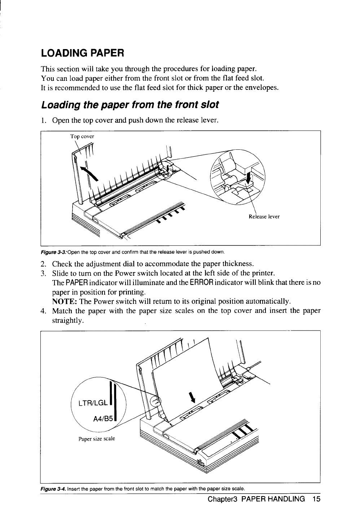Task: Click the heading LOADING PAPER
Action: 83,53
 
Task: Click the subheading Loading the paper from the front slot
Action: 130,105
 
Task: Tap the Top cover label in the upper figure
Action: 82,136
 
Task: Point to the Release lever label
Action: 264,217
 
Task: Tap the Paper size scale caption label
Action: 97,439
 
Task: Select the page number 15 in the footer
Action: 316,499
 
